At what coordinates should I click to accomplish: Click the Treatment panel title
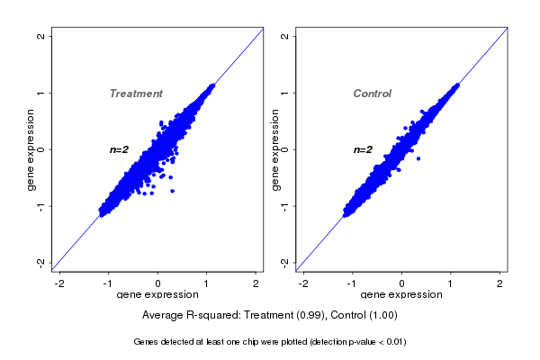click(x=136, y=94)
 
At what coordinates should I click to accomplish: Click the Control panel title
click(x=373, y=94)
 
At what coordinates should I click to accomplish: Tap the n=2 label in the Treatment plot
click(x=121, y=149)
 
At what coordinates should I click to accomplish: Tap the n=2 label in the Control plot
click(x=363, y=149)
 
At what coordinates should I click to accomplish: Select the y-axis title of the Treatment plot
click(x=31, y=149)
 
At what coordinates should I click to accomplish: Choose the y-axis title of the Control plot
click(x=274, y=149)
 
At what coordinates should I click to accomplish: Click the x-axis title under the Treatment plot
click(x=158, y=295)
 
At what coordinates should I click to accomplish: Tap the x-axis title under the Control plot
click(x=401, y=295)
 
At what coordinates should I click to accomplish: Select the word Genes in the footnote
click(x=146, y=342)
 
